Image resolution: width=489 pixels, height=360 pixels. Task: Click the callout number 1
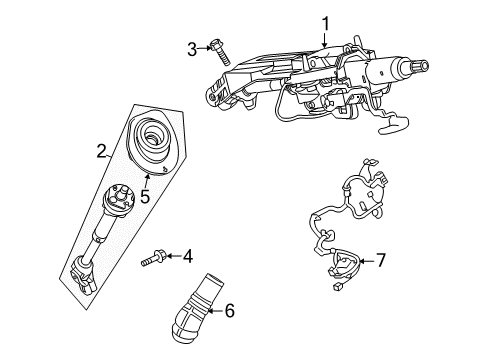[x=325, y=21]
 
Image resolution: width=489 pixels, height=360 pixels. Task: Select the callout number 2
[x=102, y=151]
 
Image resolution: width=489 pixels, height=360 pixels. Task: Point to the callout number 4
[x=186, y=257]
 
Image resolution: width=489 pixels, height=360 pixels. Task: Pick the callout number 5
[x=145, y=197]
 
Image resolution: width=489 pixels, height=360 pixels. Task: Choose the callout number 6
[x=229, y=311]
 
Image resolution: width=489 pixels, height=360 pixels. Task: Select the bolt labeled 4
[x=152, y=258]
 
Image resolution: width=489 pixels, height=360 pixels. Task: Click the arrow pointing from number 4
[x=172, y=258]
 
